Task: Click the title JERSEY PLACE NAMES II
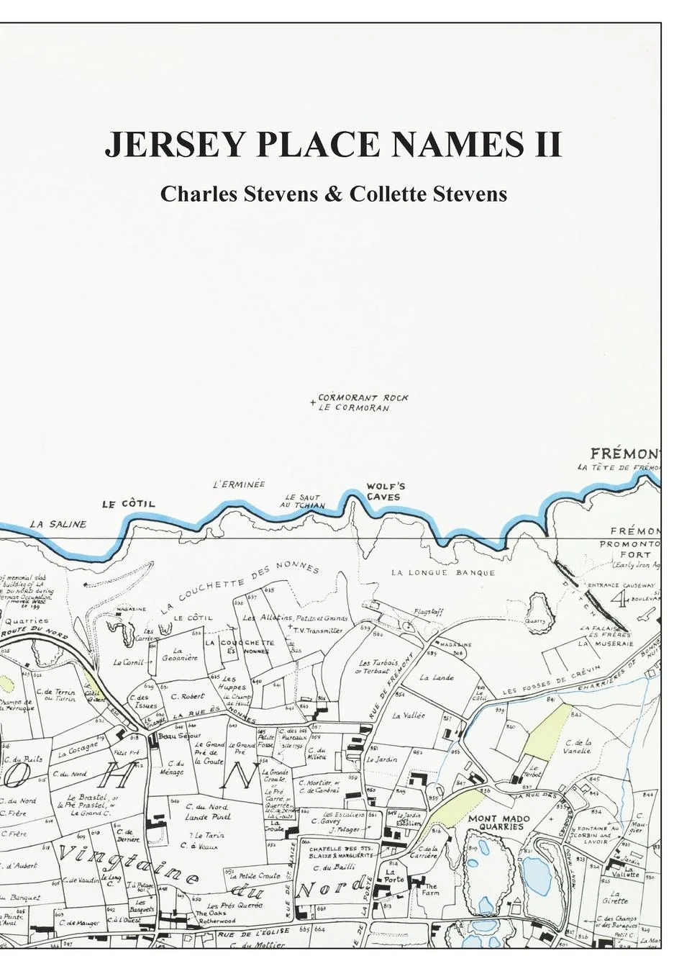pyautogui.click(x=333, y=145)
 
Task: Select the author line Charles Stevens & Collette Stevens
pyautogui.click(x=333, y=194)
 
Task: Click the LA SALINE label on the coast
pyautogui.click(x=58, y=524)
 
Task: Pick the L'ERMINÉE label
pyautogui.click(x=239, y=484)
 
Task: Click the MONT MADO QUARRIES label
pyautogui.click(x=498, y=823)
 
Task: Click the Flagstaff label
pyautogui.click(x=429, y=612)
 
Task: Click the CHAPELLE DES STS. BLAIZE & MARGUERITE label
pyautogui.click(x=341, y=853)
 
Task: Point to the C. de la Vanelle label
pyautogui.click(x=578, y=746)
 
